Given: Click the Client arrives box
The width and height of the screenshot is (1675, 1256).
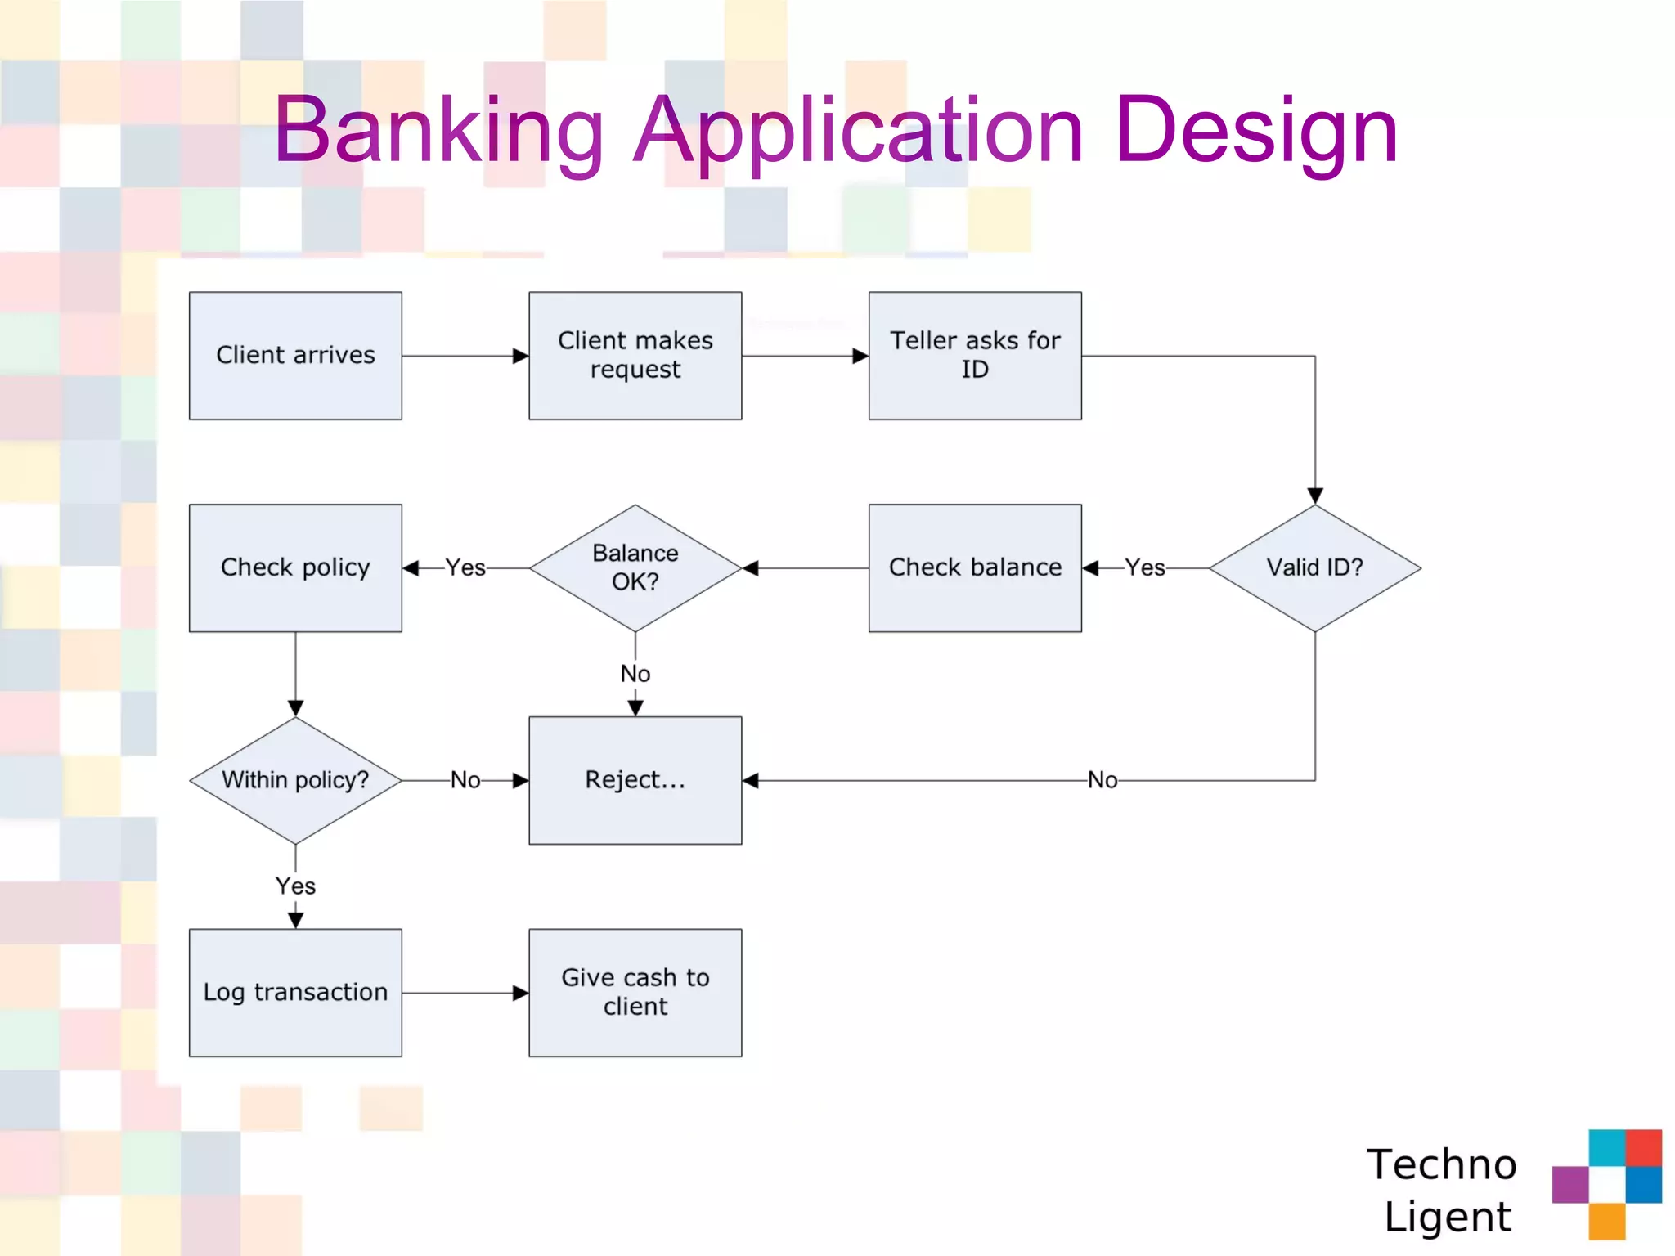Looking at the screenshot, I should [295, 356].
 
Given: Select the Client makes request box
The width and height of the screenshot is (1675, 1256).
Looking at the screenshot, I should [635, 356].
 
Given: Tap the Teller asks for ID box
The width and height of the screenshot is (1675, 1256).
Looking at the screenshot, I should [974, 356].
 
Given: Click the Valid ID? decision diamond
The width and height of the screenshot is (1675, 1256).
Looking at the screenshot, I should [1314, 567].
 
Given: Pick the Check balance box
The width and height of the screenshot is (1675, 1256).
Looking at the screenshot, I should [974, 567].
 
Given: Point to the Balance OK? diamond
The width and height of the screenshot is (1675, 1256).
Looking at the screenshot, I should [635, 567].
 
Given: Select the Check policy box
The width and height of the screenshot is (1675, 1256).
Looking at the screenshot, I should [295, 567].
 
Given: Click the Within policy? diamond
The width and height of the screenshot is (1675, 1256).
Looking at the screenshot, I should [295, 780].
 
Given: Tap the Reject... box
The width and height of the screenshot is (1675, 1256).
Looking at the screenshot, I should [635, 780].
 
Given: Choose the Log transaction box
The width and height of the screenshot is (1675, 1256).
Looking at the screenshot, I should [295, 992].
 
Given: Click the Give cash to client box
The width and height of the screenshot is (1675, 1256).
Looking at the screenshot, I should [635, 992].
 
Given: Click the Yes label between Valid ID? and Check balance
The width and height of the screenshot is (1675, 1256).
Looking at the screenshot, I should [1144, 567].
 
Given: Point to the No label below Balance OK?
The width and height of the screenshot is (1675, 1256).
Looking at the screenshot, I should [635, 674].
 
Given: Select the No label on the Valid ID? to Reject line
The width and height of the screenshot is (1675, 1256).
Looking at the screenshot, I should [1102, 780].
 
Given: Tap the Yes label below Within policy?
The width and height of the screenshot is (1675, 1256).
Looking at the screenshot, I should [295, 886].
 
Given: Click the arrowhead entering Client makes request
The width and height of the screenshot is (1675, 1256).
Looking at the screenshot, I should [520, 356].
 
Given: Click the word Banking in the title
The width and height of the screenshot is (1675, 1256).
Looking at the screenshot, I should [438, 131].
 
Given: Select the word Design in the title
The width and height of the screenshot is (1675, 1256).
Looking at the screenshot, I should [1256, 131].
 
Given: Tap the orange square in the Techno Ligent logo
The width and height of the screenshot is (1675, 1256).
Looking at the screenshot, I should [1606, 1221].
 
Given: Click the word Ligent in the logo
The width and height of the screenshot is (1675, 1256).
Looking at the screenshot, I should [1447, 1216].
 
